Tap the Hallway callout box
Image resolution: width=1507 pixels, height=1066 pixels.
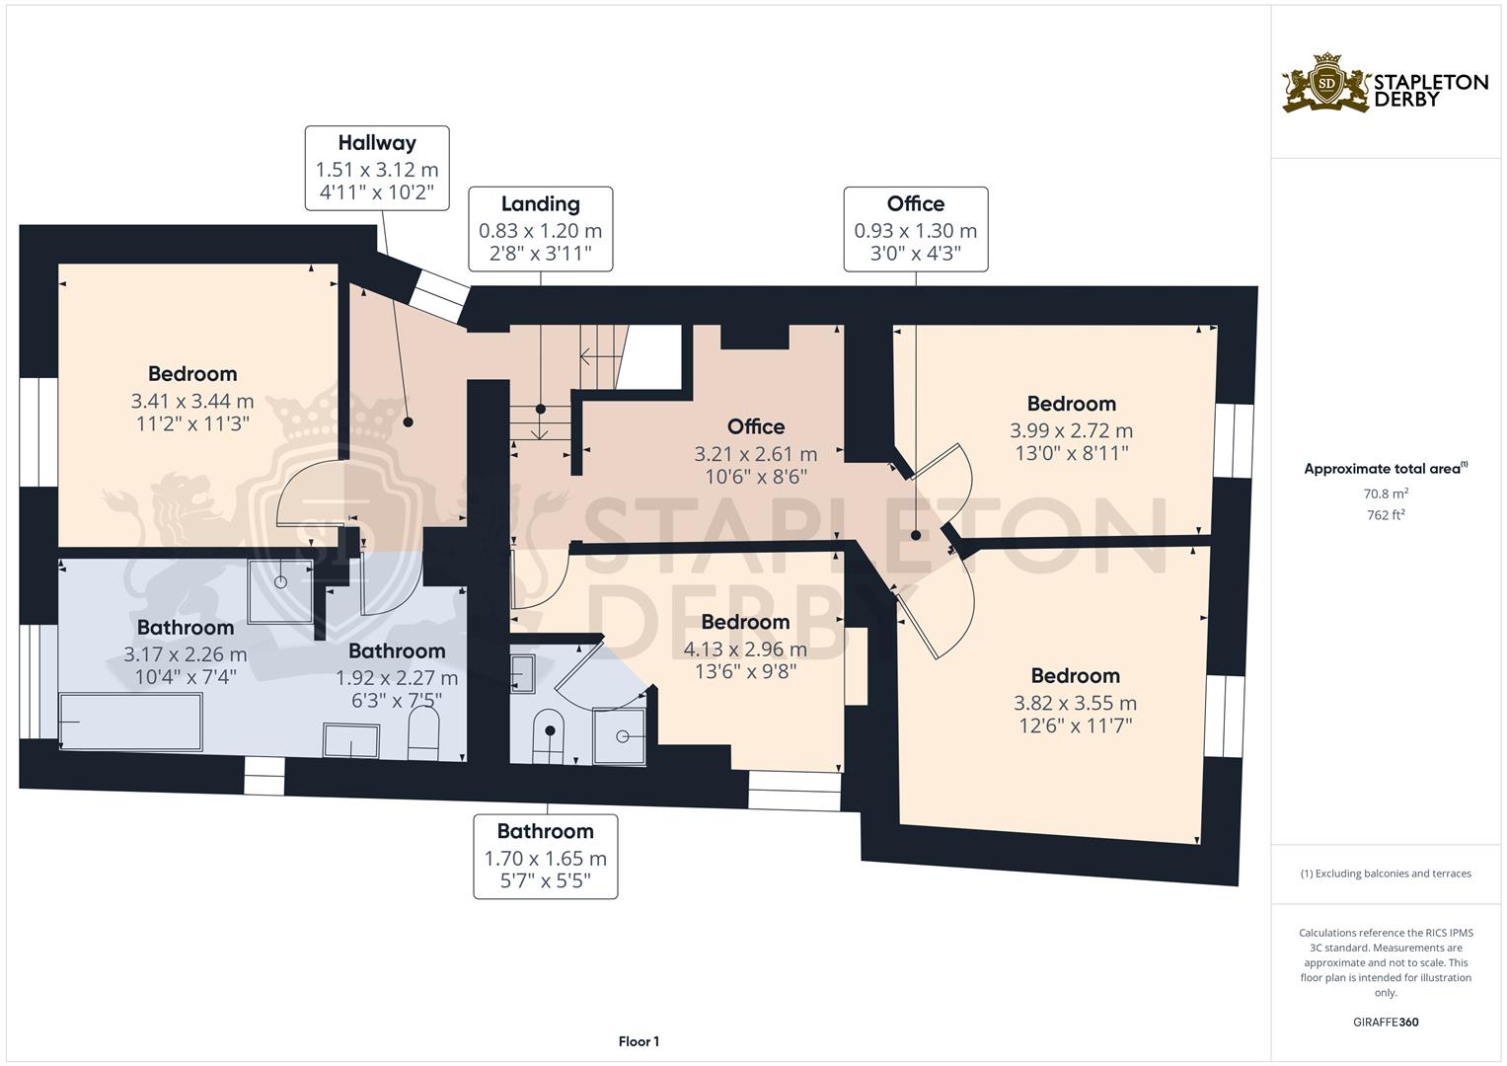tap(377, 168)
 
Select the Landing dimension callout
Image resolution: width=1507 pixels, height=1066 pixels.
tap(540, 229)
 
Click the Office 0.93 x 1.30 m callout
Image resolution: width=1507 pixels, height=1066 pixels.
tap(915, 229)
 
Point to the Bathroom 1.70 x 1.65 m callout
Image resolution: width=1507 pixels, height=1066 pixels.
tap(545, 857)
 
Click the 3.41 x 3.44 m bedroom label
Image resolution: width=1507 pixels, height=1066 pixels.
tap(192, 399)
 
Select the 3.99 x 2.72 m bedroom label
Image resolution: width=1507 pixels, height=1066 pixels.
tap(1071, 428)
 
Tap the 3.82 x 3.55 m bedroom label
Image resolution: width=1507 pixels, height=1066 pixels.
tap(1075, 701)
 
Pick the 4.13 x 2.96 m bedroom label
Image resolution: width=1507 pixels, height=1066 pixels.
tap(745, 647)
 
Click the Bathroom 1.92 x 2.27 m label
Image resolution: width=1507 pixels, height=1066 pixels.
tap(397, 675)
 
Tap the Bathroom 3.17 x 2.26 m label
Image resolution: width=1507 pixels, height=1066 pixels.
tap(186, 651)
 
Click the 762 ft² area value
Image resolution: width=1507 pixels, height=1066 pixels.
tap(1386, 514)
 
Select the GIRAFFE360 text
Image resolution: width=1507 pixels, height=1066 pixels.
tap(1386, 1022)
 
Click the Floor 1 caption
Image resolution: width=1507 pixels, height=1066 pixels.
tap(639, 1041)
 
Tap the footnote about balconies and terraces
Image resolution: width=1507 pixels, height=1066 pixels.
tap(1386, 874)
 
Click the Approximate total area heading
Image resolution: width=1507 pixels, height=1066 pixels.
tap(1386, 469)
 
